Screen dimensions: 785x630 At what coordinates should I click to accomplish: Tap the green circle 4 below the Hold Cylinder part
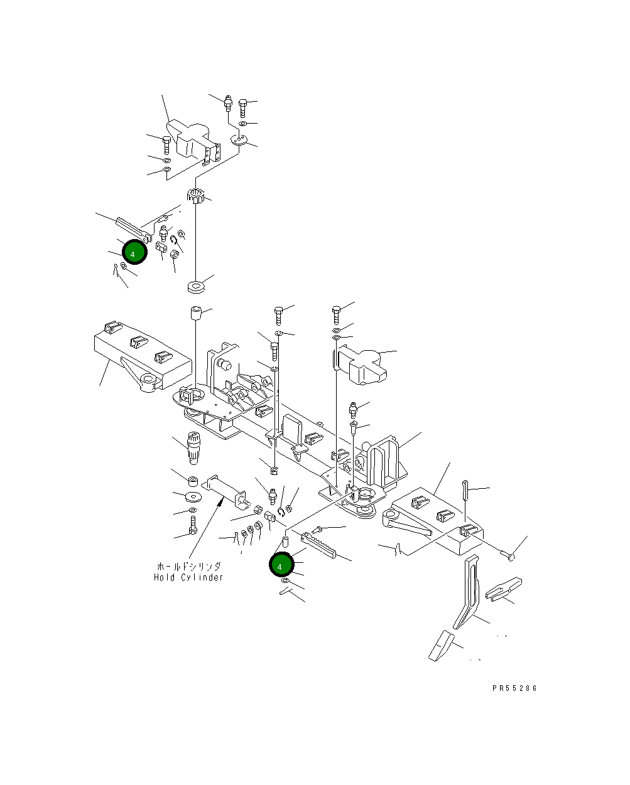pos(281,565)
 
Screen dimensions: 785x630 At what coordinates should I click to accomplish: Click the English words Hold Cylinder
pos(188,577)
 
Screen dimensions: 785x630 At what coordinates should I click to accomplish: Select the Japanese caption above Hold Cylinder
pos(188,566)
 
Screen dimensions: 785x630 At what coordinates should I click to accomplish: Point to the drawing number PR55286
pos(514,688)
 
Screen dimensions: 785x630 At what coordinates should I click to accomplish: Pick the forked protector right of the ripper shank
pos(504,591)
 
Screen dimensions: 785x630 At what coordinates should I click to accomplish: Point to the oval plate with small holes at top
pos(240,141)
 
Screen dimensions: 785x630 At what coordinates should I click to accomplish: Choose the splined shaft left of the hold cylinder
pos(193,447)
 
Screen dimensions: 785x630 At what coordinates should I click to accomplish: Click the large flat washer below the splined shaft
pos(193,497)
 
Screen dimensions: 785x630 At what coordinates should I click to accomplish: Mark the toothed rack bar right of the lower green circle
pos(319,545)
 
